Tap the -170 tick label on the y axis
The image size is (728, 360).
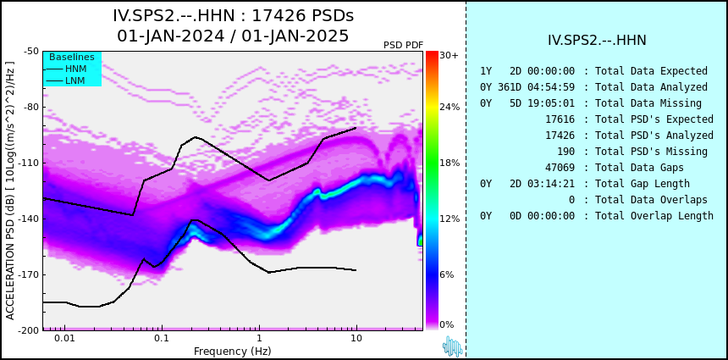pyautogui.click(x=30, y=274)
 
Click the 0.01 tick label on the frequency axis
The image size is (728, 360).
pyautogui.click(x=65, y=338)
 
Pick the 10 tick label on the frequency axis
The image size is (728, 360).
pyautogui.click(x=356, y=338)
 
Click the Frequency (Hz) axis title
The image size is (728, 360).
pyautogui.click(x=233, y=351)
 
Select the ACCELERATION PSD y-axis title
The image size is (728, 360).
pyautogui.click(x=10, y=191)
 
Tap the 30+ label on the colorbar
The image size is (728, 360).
pyautogui.click(x=449, y=55)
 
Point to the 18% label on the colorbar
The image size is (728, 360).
pyautogui.click(x=449, y=163)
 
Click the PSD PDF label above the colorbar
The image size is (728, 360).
pyautogui.click(x=403, y=45)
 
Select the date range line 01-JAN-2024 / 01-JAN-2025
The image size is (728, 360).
pyautogui.click(x=233, y=36)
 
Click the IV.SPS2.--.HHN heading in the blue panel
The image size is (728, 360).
pyautogui.click(x=597, y=41)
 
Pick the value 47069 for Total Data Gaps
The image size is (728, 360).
pyautogui.click(x=560, y=167)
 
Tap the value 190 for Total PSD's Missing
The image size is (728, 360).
pyautogui.click(x=565, y=152)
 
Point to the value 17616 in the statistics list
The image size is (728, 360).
pyautogui.click(x=560, y=119)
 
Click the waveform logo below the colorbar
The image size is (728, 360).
pyautogui.click(x=453, y=346)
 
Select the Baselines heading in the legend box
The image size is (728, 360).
pyautogui.click(x=72, y=57)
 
